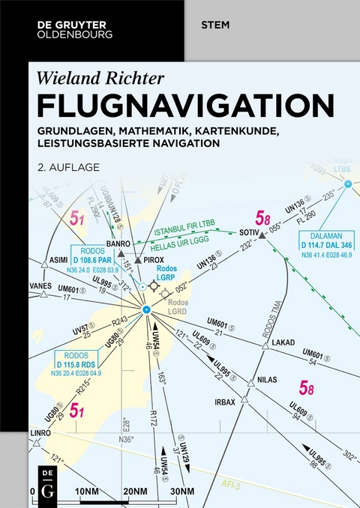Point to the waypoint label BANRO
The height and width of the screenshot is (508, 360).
pos(118,243)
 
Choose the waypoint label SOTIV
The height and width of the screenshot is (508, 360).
pos(248,232)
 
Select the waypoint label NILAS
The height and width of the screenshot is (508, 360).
pos(267,379)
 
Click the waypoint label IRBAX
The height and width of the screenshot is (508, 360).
pos(226,402)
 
